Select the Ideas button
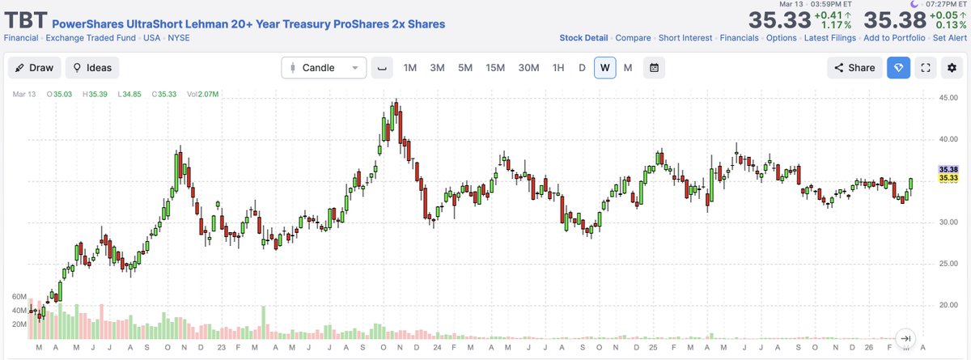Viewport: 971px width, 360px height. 92,68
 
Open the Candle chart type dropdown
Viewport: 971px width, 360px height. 324,68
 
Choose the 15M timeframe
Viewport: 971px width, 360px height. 495,68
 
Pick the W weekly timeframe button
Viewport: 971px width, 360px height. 604,68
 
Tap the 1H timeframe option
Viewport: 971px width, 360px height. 558,68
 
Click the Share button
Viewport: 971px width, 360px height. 854,68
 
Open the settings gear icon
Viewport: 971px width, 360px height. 952,68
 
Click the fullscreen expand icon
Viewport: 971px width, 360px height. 925,68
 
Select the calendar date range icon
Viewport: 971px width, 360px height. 654,68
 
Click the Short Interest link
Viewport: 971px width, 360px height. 685,38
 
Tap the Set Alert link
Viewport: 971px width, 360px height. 949,38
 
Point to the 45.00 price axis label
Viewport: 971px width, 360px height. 948,98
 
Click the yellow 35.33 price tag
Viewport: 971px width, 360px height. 948,178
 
